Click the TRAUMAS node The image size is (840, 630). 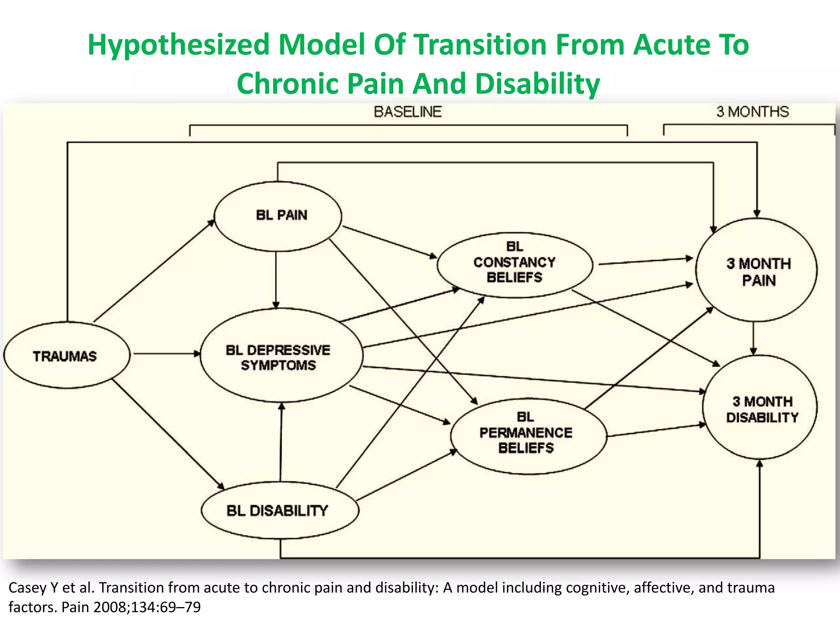(66, 355)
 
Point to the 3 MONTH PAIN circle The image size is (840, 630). (756, 271)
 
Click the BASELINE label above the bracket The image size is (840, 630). (408, 112)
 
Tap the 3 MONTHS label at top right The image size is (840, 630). (753, 112)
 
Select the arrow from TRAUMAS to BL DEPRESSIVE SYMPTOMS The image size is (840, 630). (166, 354)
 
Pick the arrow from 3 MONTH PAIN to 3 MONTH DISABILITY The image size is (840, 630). (753, 338)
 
